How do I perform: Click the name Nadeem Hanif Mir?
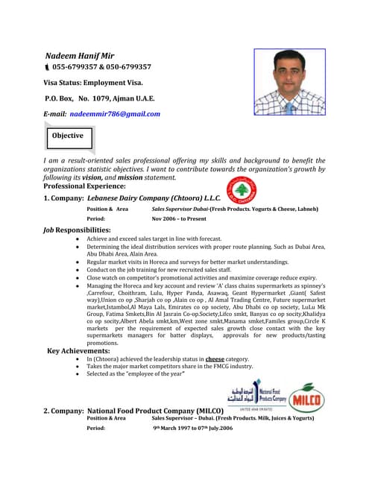pyautogui.click(x=81, y=55)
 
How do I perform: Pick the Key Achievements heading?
pyautogui.click(x=78, y=350)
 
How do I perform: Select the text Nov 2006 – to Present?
pyautogui.click(x=179, y=219)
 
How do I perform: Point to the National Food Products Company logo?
pyautogui.click(x=255, y=395)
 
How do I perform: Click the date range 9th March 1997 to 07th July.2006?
pyautogui.click(x=193, y=429)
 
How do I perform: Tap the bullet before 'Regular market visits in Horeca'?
pyautogui.click(x=78, y=262)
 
